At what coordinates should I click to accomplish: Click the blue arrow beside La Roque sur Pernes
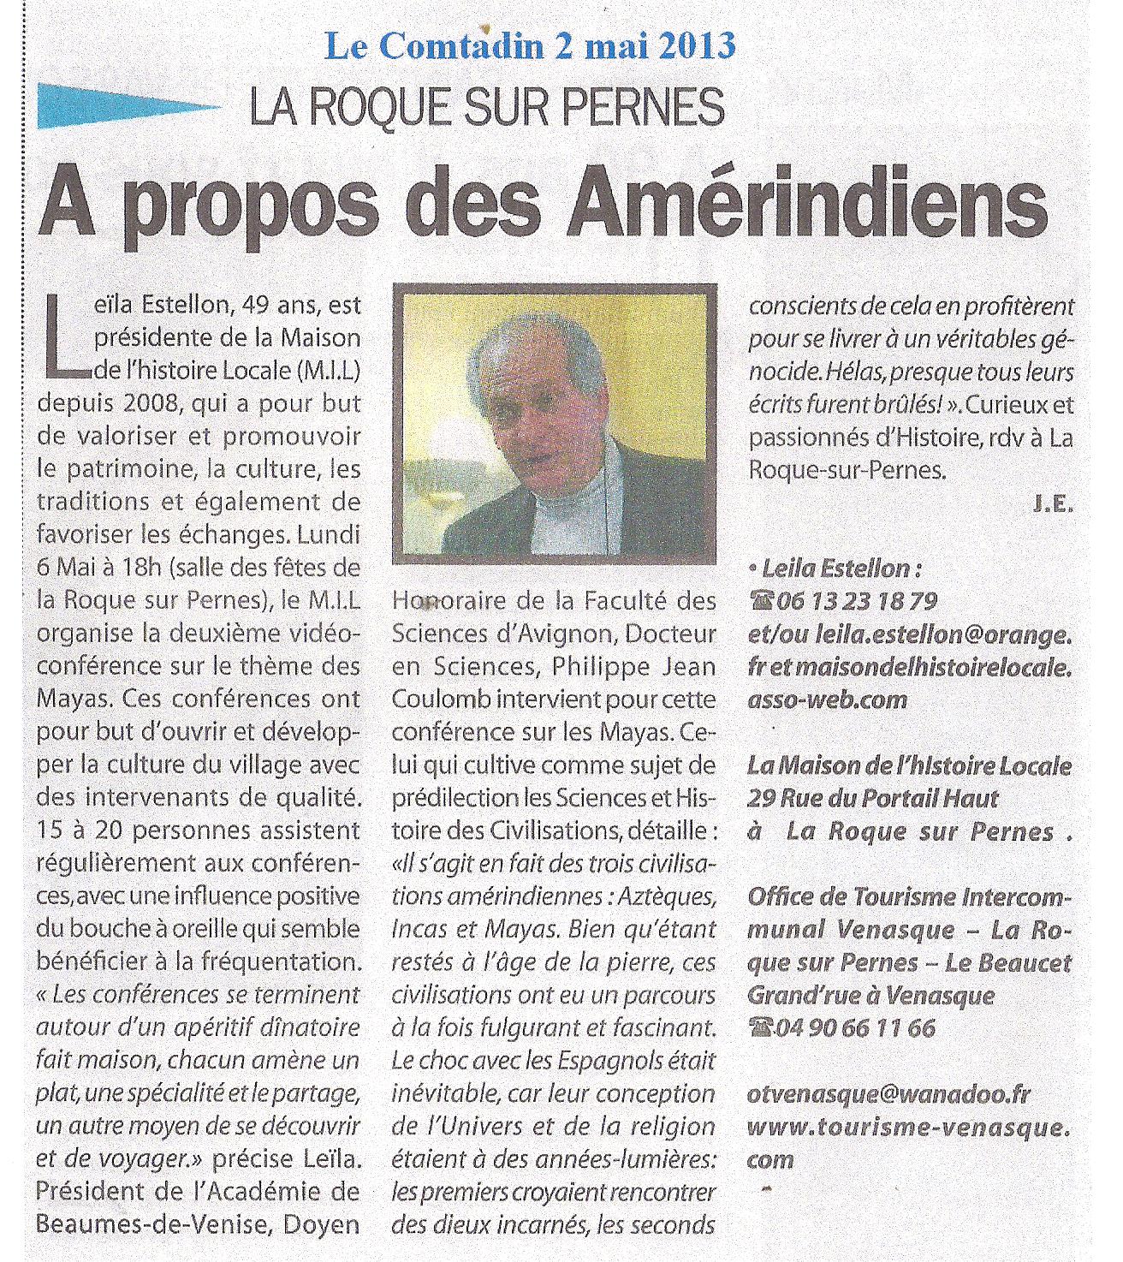128,107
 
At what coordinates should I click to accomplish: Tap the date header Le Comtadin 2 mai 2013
531,45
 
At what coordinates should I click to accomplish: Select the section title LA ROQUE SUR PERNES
487,107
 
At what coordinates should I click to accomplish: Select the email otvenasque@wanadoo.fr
889,1094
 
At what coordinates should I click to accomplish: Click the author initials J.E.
1052,504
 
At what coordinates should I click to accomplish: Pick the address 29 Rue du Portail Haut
872,799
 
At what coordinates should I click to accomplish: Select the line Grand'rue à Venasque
870,995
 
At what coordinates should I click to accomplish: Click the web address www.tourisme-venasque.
908,1127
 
